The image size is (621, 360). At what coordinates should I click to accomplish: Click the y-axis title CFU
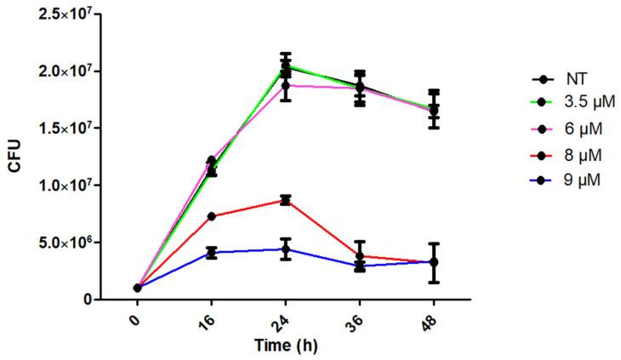coord(15,157)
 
